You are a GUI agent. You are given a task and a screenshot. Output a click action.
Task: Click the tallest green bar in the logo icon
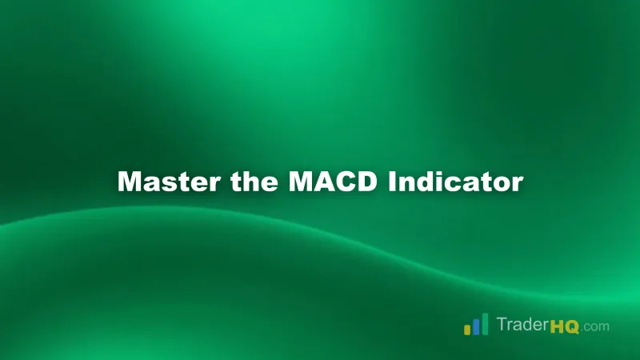485,323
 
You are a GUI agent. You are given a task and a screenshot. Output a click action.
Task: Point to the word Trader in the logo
522,326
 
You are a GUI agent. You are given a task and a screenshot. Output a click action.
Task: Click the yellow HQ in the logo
566,326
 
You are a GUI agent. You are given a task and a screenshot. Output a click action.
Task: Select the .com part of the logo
596,326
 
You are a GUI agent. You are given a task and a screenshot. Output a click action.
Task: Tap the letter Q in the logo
573,326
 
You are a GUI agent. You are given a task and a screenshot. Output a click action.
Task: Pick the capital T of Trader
501,325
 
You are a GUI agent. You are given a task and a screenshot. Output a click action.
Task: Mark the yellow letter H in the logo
558,326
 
